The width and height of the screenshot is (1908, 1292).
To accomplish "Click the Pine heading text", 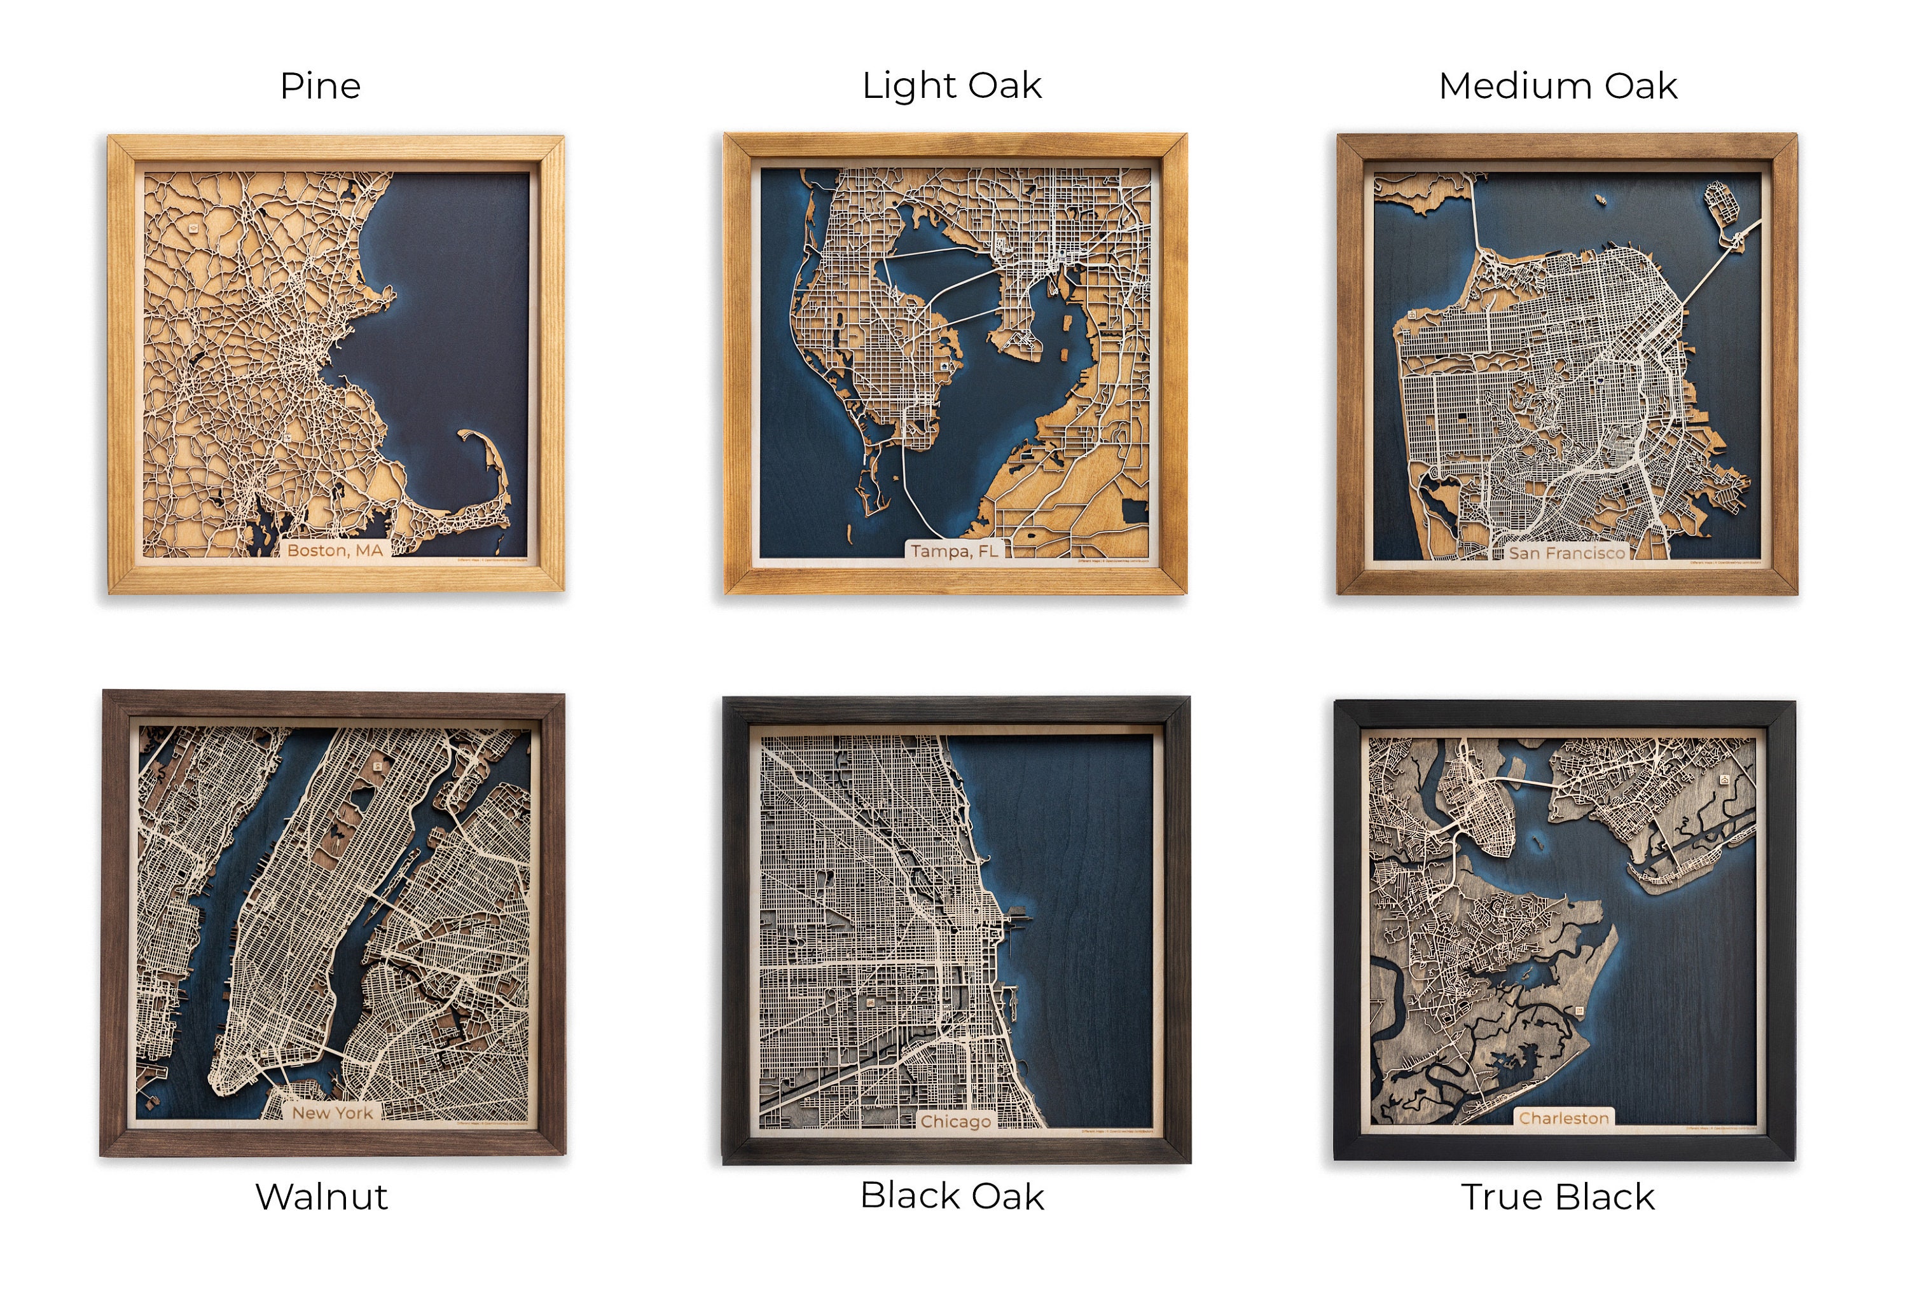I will coord(320,85).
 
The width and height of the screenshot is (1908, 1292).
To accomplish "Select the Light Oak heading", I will coord(951,85).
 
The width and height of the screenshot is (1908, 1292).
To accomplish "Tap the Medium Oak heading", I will coord(1558,85).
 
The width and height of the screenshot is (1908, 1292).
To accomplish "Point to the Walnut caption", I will coord(321,1196).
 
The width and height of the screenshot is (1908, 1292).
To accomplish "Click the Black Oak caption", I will coord(951,1195).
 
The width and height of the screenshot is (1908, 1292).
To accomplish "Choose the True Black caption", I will coord(1558,1196).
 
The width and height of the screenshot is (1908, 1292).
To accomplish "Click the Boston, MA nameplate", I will coord(335,550).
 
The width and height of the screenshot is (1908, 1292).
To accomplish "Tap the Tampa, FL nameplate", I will coord(954,550).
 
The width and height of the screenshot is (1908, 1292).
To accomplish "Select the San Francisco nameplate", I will coord(1566,553).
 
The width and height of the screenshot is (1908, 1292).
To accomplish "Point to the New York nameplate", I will coord(333,1112).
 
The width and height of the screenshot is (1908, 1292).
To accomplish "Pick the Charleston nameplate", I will coord(1563,1117).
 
